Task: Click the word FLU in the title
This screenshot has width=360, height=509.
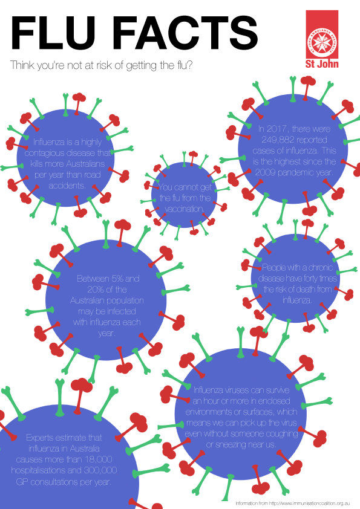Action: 53,33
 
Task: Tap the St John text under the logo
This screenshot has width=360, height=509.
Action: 322,63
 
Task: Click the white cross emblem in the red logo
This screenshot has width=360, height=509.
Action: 322,42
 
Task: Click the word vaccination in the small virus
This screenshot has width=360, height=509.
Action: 184,209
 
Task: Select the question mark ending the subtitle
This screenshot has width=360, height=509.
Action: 189,65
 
